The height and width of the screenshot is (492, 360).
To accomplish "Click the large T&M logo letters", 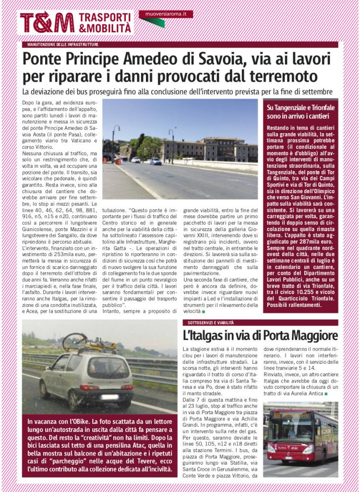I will (47, 22).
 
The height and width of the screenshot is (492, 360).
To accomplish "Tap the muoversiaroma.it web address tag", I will (166, 14).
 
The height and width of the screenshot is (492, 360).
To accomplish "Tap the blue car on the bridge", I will (156, 161).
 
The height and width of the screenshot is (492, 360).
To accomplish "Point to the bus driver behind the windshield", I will (291, 430).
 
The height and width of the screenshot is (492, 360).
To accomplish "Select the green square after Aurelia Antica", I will (326, 394).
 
